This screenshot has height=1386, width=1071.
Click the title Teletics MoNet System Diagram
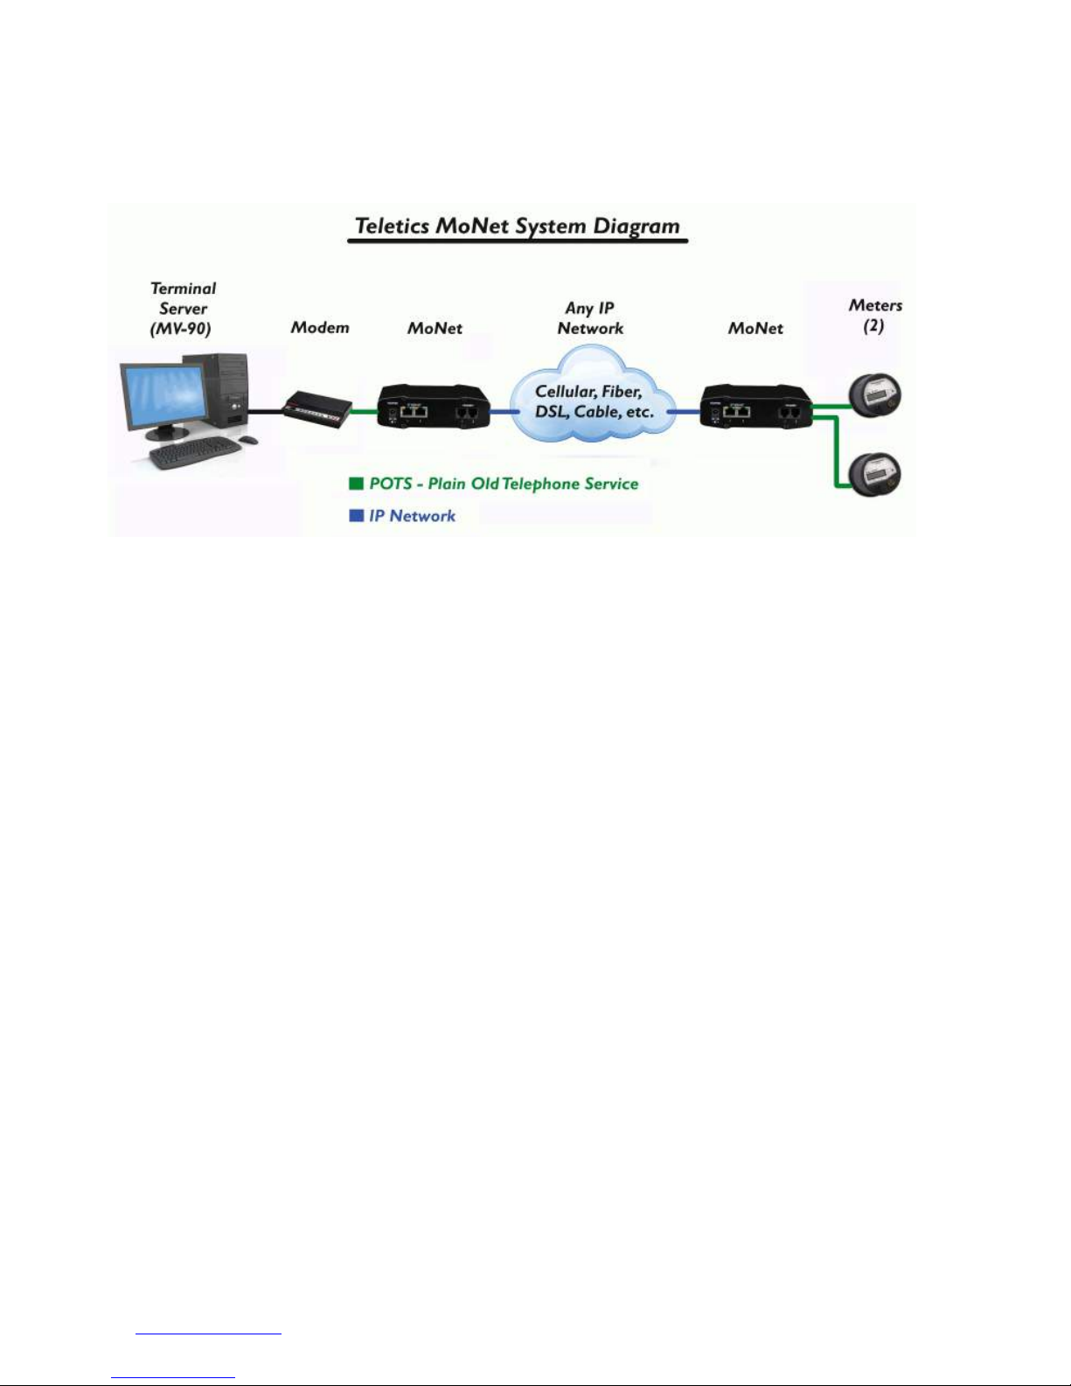pos(517,226)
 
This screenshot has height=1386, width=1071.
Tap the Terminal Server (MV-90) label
pos(183,309)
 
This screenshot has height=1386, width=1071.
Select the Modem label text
pos(320,328)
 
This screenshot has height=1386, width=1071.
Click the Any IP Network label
pos(589,318)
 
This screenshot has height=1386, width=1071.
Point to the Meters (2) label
pos(874,316)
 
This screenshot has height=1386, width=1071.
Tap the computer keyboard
pos(195,454)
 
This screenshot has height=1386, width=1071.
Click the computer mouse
pos(248,440)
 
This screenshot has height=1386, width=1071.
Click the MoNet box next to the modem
pos(435,407)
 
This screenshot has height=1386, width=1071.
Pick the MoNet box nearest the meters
pos(756,407)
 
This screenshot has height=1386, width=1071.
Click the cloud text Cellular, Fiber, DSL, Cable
pos(595,401)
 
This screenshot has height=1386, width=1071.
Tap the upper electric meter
pos(875,396)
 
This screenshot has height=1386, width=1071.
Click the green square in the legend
pos(356,483)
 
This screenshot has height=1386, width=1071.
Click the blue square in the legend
pos(356,515)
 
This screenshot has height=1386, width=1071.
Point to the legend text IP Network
pos(412,516)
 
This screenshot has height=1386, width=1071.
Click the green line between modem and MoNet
pos(365,411)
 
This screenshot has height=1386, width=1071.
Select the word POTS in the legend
pos(390,484)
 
